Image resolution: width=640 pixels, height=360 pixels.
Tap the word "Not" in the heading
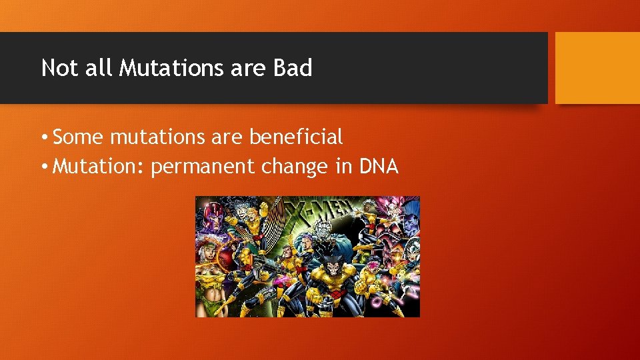[x=59, y=68]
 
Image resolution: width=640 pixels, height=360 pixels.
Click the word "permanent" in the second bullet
[x=203, y=167]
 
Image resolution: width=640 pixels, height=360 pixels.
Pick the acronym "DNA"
[x=378, y=166]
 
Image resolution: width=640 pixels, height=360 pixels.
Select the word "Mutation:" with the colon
[x=98, y=166]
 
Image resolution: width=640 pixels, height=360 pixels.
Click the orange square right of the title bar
[x=597, y=68]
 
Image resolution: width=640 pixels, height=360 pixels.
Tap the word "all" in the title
[x=100, y=68]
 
